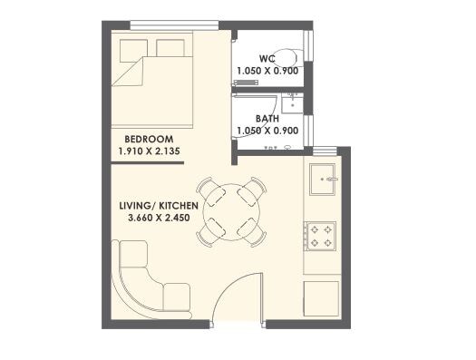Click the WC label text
[x=267, y=59]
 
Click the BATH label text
[x=267, y=119]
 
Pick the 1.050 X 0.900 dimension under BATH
[x=267, y=131]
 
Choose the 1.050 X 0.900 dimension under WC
[x=267, y=71]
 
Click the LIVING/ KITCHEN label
[x=158, y=206]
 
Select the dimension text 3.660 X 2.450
[x=158, y=219]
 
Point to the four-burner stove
[x=321, y=237]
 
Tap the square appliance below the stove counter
[x=320, y=297]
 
